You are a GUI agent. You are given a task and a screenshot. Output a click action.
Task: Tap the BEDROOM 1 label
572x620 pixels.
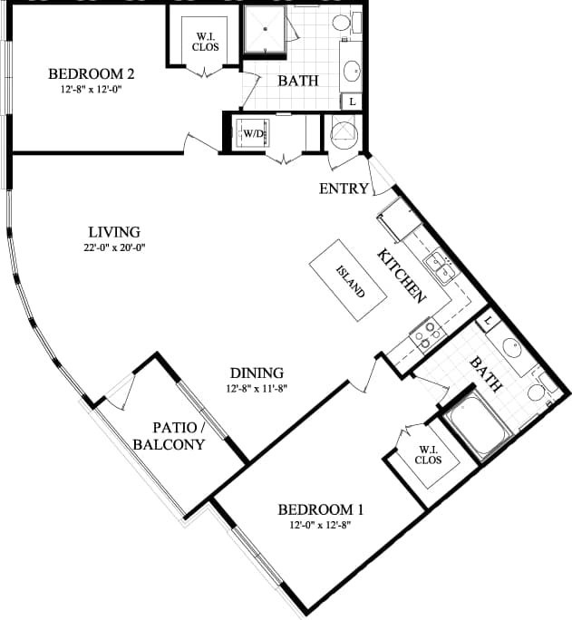coord(320,509)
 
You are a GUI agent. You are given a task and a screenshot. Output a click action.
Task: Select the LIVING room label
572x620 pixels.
coord(114,232)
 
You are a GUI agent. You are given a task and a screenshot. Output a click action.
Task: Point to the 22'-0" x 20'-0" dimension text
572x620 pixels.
coord(114,247)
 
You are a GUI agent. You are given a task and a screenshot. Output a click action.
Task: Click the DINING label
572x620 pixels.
coord(257,373)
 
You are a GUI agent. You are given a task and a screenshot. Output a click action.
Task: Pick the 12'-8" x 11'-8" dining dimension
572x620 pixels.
coord(257,388)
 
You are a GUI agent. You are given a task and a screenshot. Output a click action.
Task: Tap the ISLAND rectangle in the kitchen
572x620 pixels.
coord(350,281)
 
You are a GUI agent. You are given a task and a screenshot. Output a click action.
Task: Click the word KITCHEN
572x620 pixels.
coord(402,275)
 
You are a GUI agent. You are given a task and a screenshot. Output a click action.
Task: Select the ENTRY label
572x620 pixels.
coord(344,189)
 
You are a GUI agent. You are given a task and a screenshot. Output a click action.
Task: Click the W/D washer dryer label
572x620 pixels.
coord(253,134)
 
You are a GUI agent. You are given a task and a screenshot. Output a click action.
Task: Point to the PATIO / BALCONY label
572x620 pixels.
coord(168,436)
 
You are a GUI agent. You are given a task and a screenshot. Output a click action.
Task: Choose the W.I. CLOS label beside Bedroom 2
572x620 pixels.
coord(204,42)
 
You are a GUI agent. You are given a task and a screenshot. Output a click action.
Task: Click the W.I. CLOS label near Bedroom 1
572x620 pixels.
coord(428,454)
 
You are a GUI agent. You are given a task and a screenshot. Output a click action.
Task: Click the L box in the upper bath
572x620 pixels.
coord(351,102)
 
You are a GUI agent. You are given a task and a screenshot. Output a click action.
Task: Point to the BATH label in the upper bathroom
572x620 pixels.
coord(297,81)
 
